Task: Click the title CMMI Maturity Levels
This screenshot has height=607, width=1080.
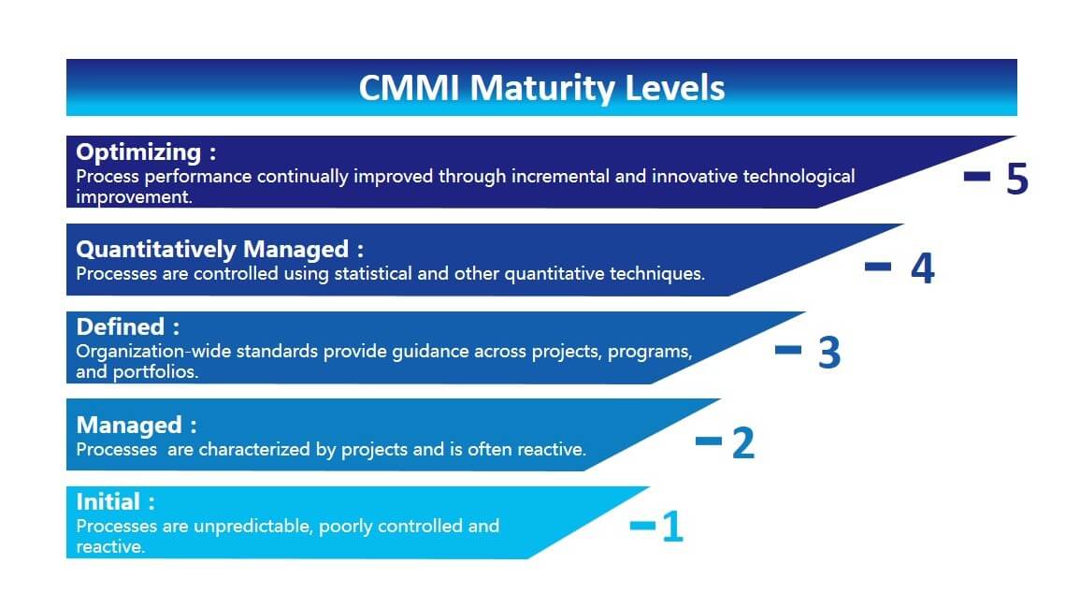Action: pyautogui.click(x=541, y=88)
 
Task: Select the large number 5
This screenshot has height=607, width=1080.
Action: pyautogui.click(x=1017, y=180)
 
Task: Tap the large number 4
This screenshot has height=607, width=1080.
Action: pyautogui.click(x=922, y=268)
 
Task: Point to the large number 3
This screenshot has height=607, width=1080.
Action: pyautogui.click(x=829, y=353)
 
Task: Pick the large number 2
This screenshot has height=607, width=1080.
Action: pyautogui.click(x=742, y=442)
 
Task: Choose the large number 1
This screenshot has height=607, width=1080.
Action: pyautogui.click(x=672, y=528)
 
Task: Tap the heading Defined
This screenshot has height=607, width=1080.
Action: pyautogui.click(x=121, y=326)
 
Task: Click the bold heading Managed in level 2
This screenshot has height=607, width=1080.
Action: pyautogui.click(x=129, y=425)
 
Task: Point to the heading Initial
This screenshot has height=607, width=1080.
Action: pyautogui.click(x=108, y=501)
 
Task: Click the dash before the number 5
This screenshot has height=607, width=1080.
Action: pyautogui.click(x=977, y=176)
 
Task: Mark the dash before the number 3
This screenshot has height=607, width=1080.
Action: pyautogui.click(x=788, y=350)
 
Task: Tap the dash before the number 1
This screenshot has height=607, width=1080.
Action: pyautogui.click(x=643, y=526)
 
